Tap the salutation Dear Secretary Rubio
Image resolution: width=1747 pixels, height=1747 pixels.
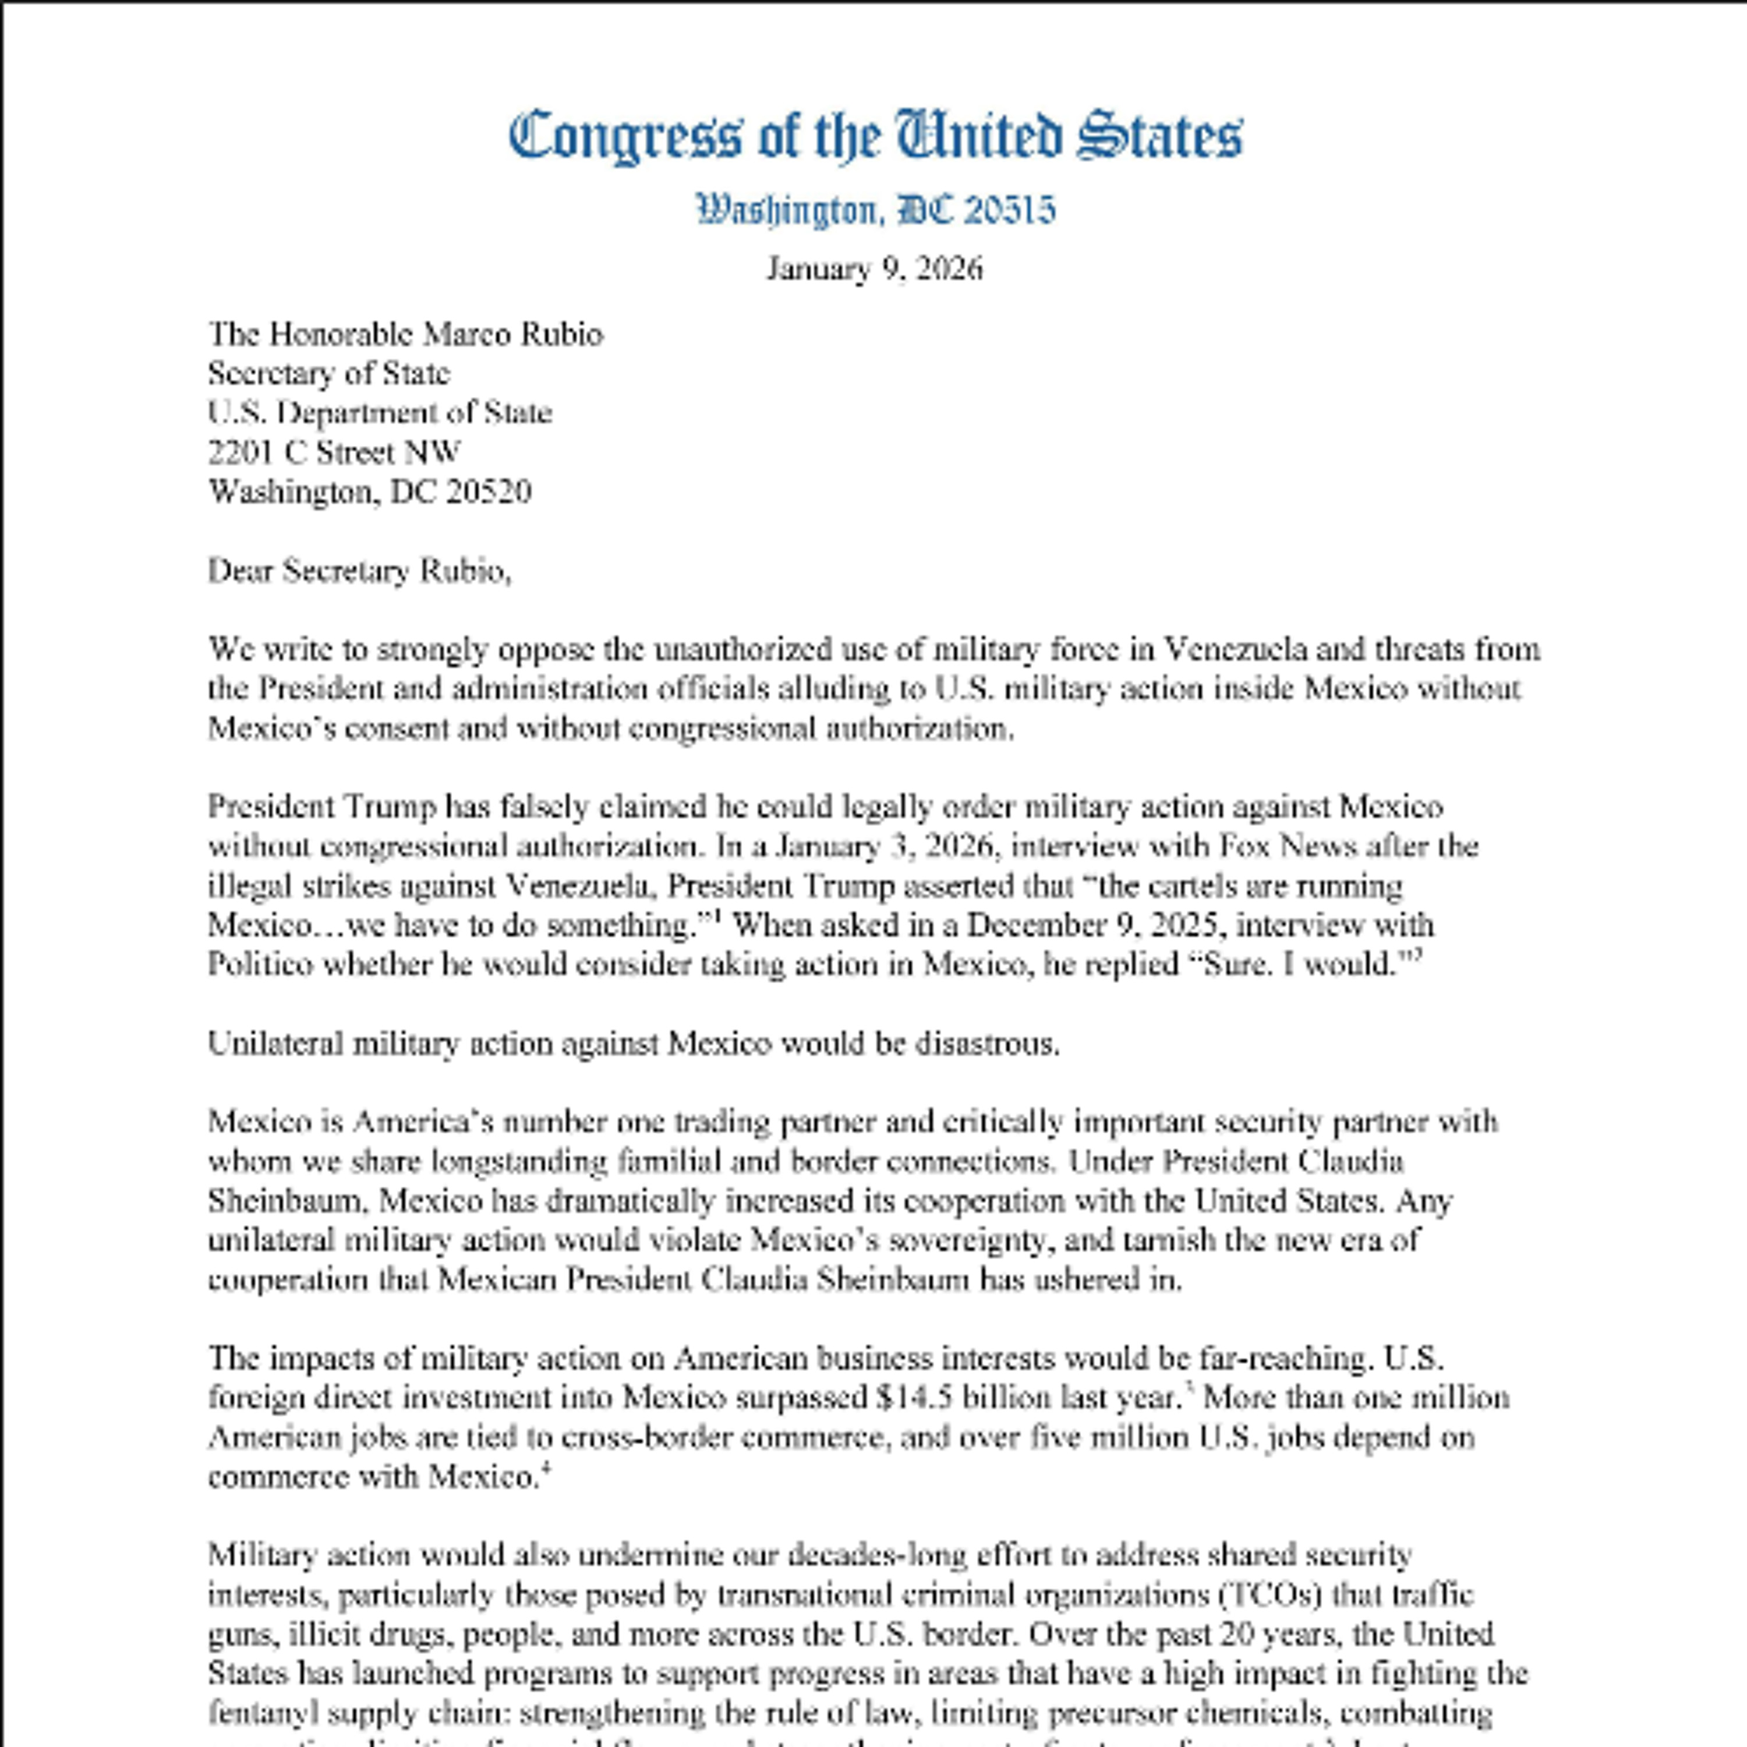(359, 571)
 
